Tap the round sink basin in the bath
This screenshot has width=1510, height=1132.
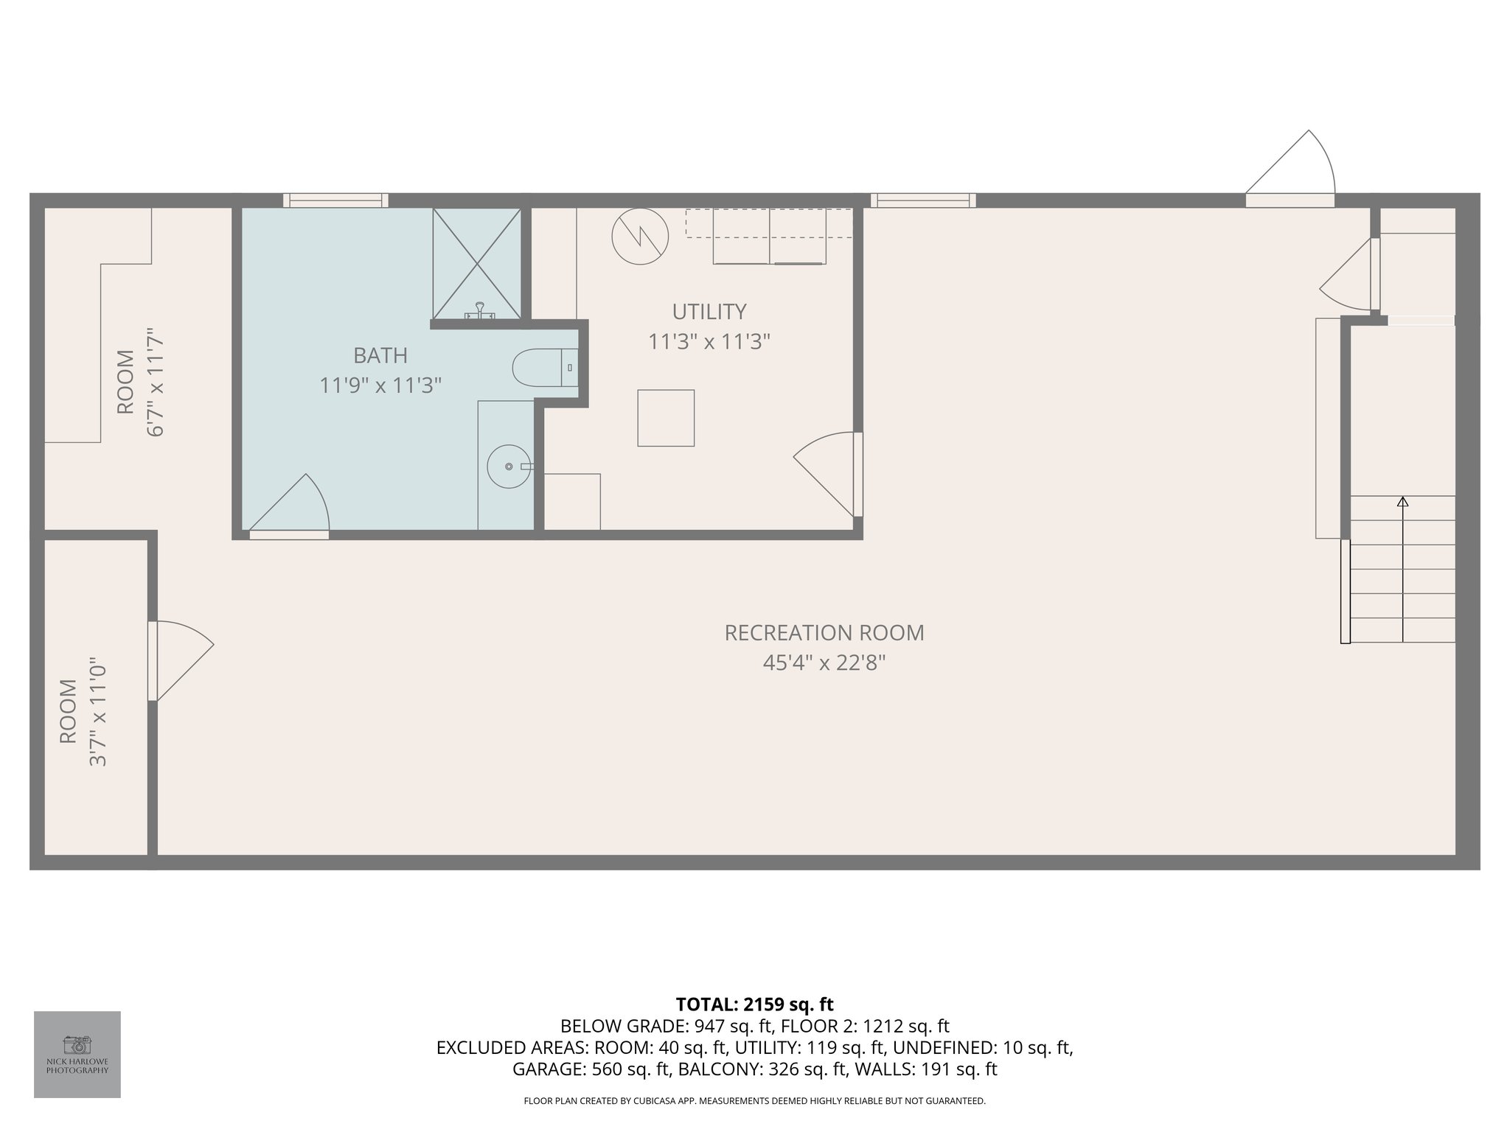pyautogui.click(x=509, y=467)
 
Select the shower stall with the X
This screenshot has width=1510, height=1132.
pyautogui.click(x=477, y=263)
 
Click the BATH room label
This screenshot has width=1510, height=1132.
pyautogui.click(x=380, y=356)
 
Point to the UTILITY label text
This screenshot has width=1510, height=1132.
pyautogui.click(x=709, y=312)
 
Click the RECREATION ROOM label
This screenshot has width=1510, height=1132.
pyautogui.click(x=824, y=633)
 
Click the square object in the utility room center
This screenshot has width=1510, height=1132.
pyautogui.click(x=666, y=418)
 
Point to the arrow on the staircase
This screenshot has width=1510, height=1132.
pyautogui.click(x=1402, y=503)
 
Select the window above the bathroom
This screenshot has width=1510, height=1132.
pyautogui.click(x=336, y=200)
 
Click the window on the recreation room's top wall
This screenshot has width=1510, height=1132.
pyautogui.click(x=923, y=200)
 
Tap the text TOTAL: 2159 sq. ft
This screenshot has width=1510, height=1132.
pyautogui.click(x=754, y=1005)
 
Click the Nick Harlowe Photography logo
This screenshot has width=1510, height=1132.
pyautogui.click(x=77, y=1054)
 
